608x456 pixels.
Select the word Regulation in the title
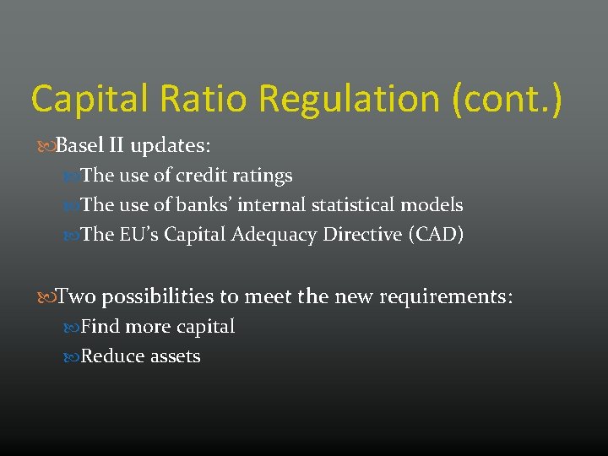(350, 99)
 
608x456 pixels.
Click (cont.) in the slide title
(507, 99)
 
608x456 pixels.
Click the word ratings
(264, 176)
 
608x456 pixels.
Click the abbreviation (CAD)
(436, 235)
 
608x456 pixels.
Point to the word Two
(77, 296)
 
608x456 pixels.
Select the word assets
(176, 356)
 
